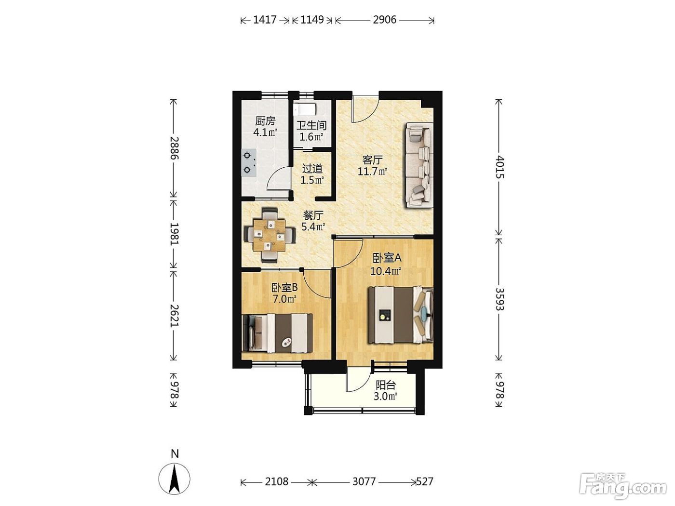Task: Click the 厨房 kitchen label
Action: pos(265,121)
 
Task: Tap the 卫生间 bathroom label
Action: pos(311,125)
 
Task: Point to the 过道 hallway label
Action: pos(312,169)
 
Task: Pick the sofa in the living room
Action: pos(419,165)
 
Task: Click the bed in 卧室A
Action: pos(401,315)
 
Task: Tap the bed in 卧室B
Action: pos(277,333)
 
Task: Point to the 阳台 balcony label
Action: pos(386,385)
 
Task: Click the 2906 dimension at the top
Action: pos(385,20)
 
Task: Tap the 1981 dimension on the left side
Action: pos(175,234)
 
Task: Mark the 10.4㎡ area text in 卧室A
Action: pos(386,271)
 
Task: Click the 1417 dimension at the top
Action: pos(265,20)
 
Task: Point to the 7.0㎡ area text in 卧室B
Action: pos(284,299)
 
